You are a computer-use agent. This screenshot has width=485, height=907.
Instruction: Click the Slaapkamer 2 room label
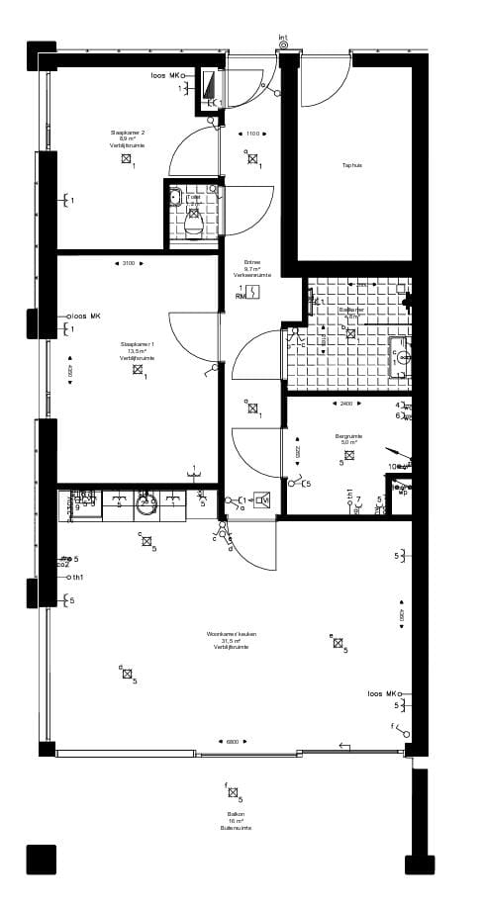point(127,138)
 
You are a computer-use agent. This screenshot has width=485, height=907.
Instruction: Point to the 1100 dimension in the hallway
point(252,134)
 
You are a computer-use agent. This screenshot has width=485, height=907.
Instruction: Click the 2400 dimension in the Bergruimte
point(345,404)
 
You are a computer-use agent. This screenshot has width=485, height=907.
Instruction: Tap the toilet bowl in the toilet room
point(193,227)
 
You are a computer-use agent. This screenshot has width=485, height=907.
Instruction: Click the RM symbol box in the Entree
point(253,292)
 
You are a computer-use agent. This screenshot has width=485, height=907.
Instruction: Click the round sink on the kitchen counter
point(146,502)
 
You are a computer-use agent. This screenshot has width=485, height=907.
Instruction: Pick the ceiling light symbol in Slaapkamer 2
point(126,158)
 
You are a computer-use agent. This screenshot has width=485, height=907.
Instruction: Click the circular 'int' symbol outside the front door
point(284,45)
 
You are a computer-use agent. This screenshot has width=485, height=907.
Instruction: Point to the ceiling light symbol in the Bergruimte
point(348,455)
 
